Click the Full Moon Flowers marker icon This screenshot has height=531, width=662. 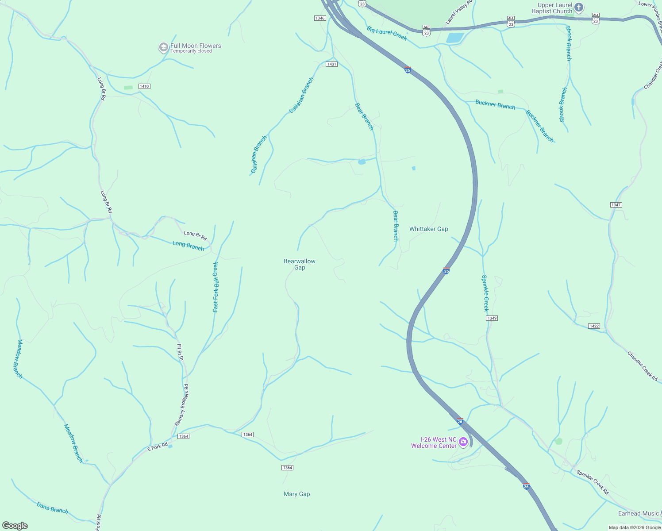163,47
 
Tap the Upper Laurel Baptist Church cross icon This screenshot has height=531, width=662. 579,8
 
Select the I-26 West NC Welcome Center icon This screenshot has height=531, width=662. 463,442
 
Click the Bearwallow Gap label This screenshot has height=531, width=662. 300,264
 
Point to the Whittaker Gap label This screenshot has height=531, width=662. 428,229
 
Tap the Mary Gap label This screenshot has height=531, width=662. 296,494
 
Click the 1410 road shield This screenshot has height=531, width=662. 144,86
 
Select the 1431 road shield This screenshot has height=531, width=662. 331,64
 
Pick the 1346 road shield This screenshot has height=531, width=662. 320,18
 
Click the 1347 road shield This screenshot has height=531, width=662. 616,205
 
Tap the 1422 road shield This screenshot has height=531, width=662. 594,326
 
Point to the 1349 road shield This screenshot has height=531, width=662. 492,318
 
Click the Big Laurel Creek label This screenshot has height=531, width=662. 387,33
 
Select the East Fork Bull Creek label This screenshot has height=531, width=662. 216,287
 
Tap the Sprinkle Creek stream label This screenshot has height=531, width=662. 485,293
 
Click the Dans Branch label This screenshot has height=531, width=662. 52,508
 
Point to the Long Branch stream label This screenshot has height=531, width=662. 189,246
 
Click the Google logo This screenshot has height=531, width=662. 15,526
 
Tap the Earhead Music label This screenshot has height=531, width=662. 638,513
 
